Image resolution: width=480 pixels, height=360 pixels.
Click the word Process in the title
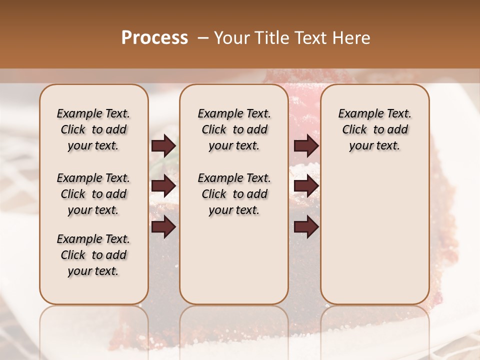click(x=154, y=38)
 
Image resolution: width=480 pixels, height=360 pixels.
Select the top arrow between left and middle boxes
click(x=163, y=146)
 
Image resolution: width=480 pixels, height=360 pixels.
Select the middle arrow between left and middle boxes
click(x=163, y=186)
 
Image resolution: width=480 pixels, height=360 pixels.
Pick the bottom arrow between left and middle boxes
click(x=163, y=227)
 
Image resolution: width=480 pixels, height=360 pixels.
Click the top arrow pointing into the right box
click(x=306, y=146)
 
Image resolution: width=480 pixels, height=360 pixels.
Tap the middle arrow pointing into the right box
click(x=306, y=186)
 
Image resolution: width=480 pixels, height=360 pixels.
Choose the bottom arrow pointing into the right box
click(x=306, y=227)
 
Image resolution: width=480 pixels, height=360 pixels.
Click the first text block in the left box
click(x=93, y=129)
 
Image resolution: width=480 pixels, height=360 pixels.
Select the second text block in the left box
click(x=93, y=194)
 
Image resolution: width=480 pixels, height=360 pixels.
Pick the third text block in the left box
click(x=93, y=255)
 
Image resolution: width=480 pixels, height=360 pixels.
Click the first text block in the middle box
click(x=234, y=129)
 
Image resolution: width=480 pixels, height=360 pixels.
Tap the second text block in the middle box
click(x=234, y=194)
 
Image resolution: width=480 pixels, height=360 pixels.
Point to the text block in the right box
click(x=375, y=129)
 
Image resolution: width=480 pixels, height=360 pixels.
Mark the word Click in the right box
click(x=354, y=130)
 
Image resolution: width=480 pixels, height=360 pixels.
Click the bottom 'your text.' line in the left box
click(x=93, y=271)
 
